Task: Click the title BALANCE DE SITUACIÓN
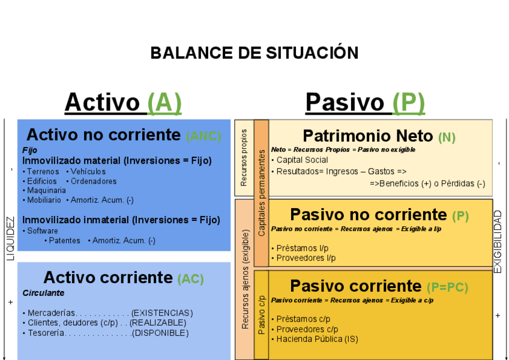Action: (254, 53)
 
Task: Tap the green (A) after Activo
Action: (164, 102)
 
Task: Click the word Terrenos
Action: (43, 172)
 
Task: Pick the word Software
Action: (43, 230)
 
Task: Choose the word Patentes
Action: (65, 241)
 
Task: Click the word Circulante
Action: (43, 293)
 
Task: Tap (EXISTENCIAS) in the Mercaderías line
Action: (162, 313)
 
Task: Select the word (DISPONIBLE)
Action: (160, 333)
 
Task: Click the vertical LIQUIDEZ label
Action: (10, 238)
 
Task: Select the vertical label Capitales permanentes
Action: (261, 192)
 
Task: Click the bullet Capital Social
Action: (302, 160)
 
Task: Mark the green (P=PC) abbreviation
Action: (447, 287)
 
